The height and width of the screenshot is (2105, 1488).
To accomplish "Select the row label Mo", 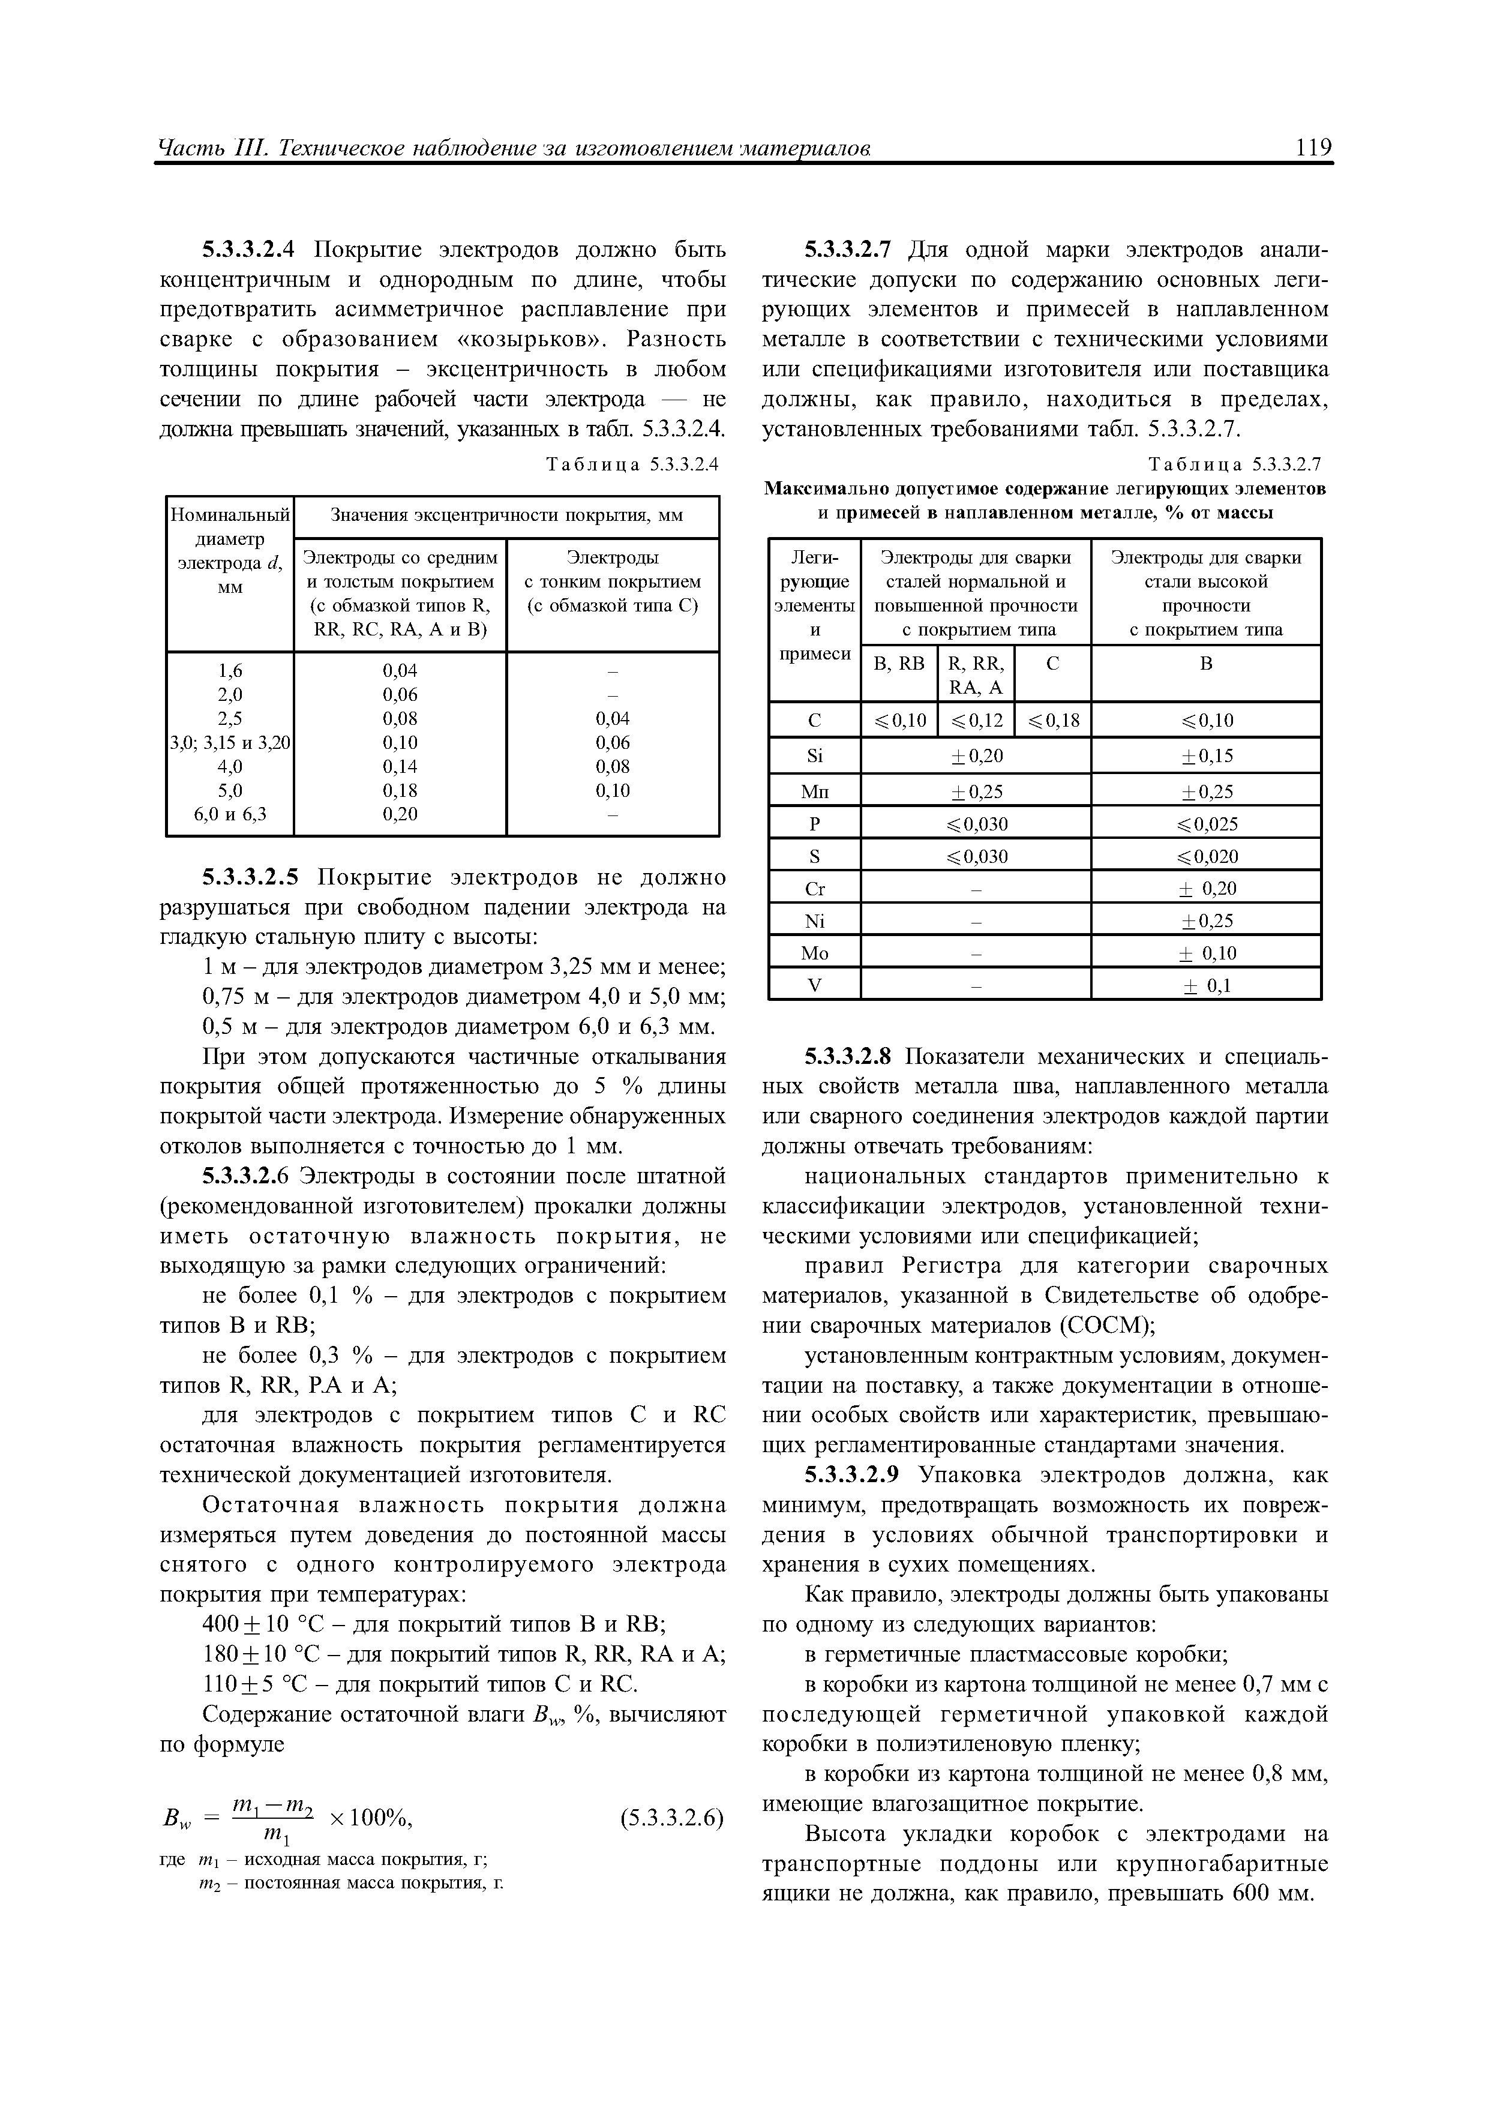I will click(x=814, y=953).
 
